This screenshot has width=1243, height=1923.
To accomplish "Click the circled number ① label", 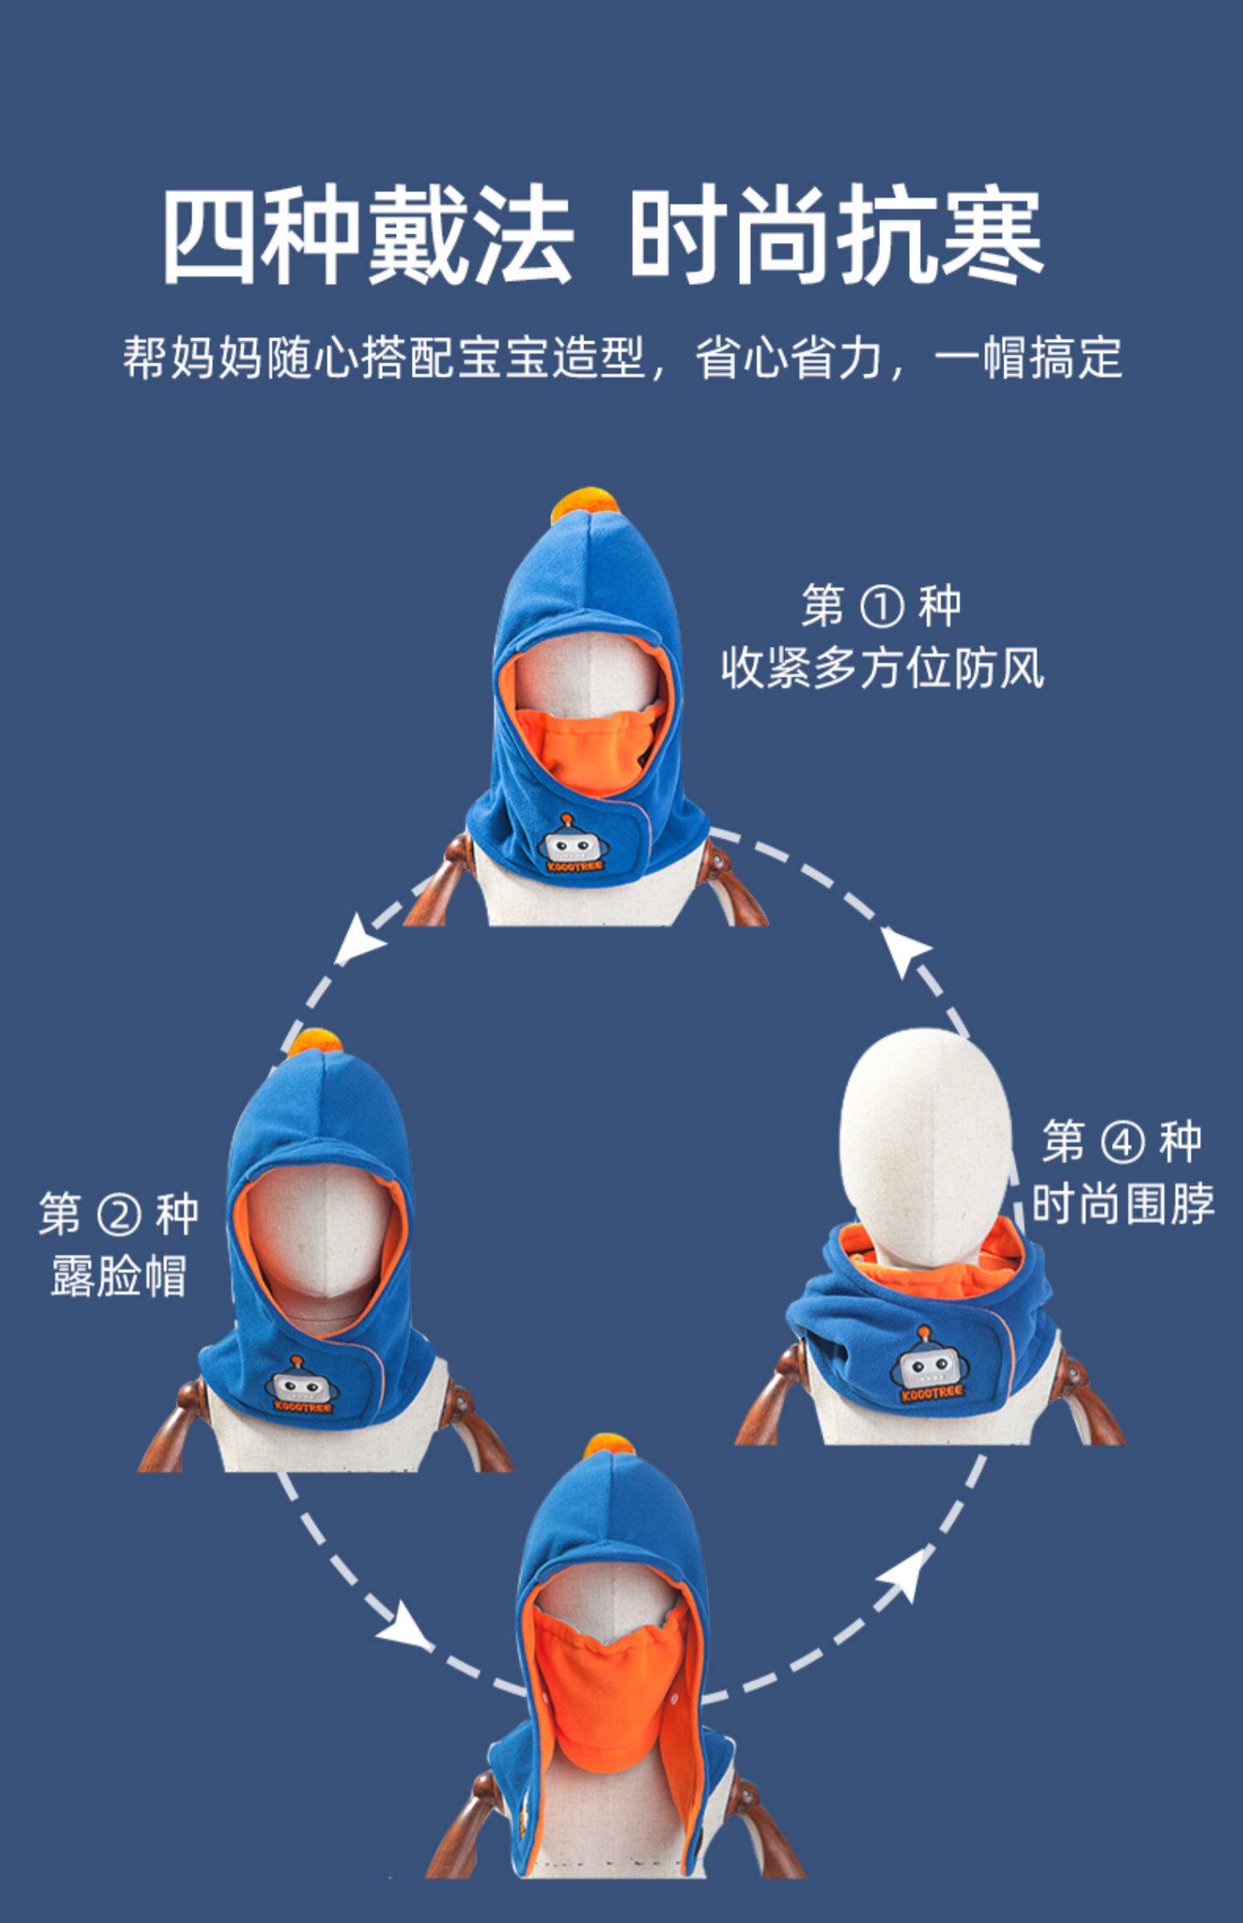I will pyautogui.click(x=881, y=607).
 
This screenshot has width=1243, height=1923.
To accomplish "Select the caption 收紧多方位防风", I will pyautogui.click(x=882, y=668).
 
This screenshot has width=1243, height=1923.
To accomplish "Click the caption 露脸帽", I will pyautogui.click(x=118, y=1275).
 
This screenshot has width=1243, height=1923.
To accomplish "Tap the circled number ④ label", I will pyautogui.click(x=1122, y=1143).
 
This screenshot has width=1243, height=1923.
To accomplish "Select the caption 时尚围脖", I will pyautogui.click(x=1123, y=1203).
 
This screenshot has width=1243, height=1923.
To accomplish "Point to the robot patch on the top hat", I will pyautogui.click(x=573, y=845).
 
